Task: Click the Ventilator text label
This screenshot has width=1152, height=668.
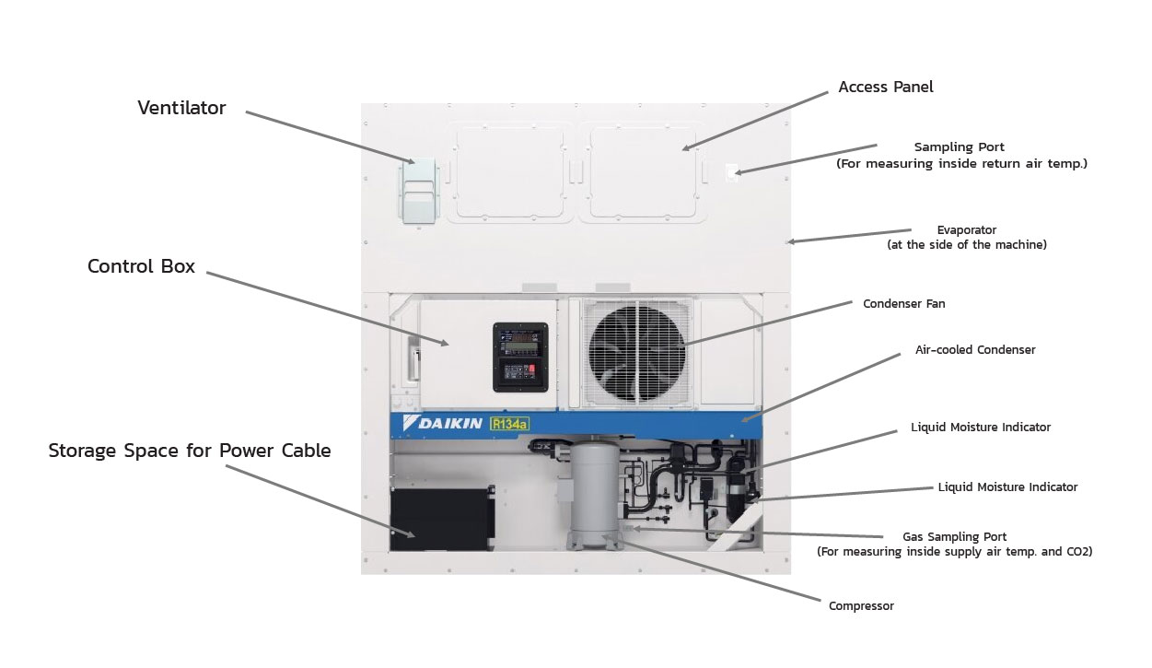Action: click(x=181, y=108)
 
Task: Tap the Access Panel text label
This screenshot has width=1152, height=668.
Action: click(x=885, y=88)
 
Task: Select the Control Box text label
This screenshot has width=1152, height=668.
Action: click(x=141, y=266)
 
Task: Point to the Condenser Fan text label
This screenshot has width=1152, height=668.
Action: click(x=903, y=304)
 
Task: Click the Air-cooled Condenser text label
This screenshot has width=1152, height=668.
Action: click(x=974, y=350)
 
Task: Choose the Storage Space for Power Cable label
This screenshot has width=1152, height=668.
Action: click(x=190, y=451)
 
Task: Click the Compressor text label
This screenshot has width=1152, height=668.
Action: click(x=861, y=606)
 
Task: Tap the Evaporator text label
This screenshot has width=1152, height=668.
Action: click(x=966, y=230)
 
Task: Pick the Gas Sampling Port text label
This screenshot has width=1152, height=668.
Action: click(x=954, y=536)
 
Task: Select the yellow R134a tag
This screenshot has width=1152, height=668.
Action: click(x=509, y=424)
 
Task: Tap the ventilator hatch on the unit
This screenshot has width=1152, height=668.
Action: click(x=419, y=192)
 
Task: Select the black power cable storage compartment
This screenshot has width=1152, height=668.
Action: click(x=437, y=519)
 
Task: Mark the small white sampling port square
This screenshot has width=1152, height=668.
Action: click(x=732, y=171)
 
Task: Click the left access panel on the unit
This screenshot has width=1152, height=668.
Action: click(x=508, y=170)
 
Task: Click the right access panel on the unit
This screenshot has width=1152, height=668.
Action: click(x=641, y=170)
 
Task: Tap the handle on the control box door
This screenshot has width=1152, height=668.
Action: click(x=413, y=358)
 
